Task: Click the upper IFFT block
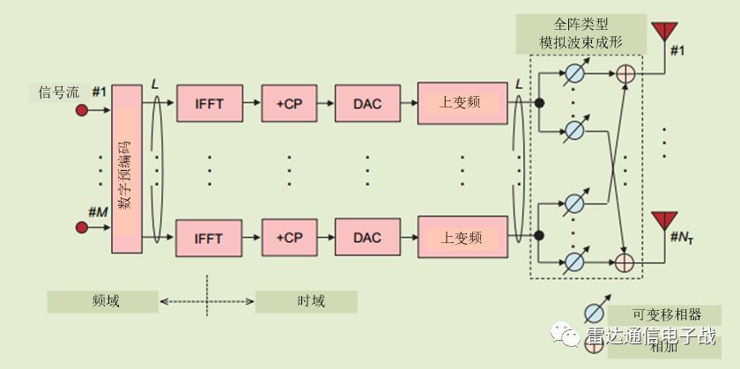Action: pos(210,104)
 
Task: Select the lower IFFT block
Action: pos(210,238)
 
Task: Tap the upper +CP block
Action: pos(289,104)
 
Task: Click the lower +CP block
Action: pos(289,238)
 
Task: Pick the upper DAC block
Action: pos(366,104)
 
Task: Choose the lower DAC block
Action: pos(366,238)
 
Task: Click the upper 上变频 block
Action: pos(461,104)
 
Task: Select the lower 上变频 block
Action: pos(461,238)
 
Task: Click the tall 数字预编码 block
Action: pos(126,167)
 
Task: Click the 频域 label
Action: pos(105,301)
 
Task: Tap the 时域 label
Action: pos(307,301)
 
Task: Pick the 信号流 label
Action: pos(59,91)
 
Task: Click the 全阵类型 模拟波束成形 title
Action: pos(582,34)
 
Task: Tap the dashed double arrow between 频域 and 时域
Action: pos(208,301)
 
